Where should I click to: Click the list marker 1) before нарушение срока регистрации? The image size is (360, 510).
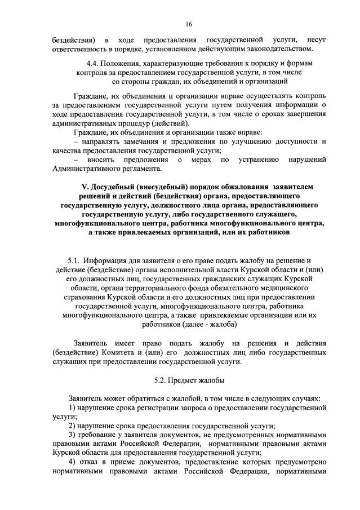72,407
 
